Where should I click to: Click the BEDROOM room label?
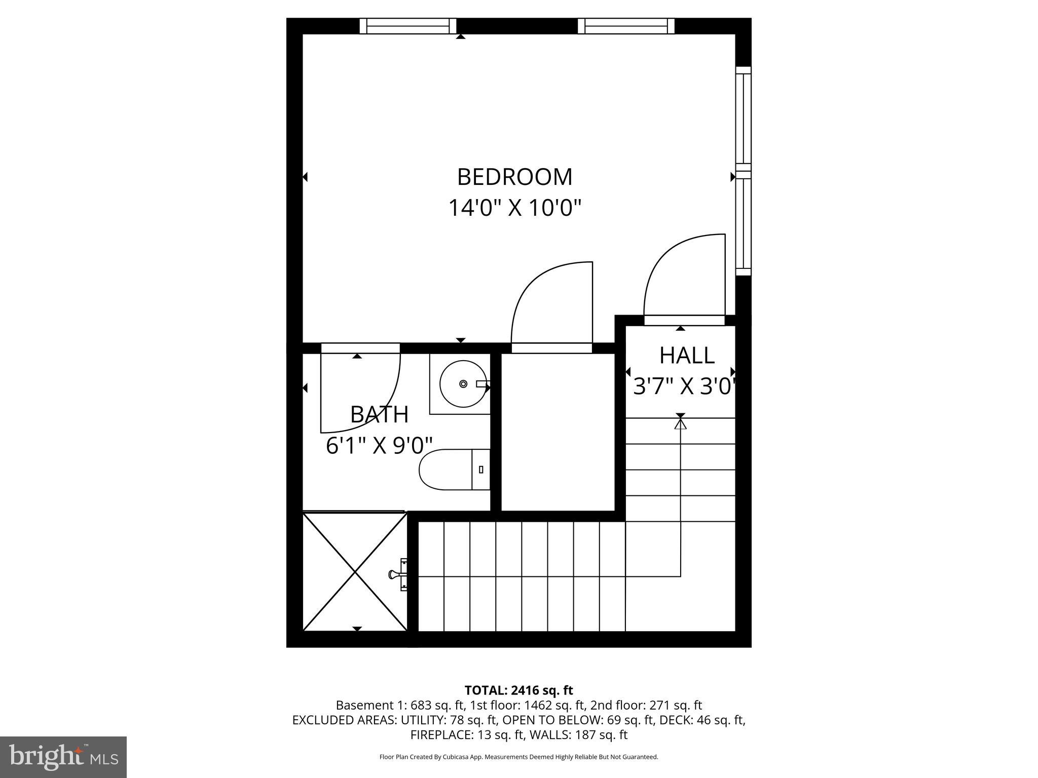tap(514, 177)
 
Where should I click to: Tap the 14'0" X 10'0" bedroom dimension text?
tap(514, 208)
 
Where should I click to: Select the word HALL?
tap(687, 356)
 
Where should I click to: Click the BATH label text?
tap(379, 415)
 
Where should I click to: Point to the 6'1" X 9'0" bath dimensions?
tap(379, 446)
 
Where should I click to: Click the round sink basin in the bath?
tap(462, 384)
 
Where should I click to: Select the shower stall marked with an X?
tap(355, 571)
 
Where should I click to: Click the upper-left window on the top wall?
tap(408, 26)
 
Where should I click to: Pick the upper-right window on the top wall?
tap(626, 26)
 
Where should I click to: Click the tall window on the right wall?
tap(743, 171)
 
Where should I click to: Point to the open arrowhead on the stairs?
tap(680, 424)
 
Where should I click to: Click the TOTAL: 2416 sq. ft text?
tap(518, 690)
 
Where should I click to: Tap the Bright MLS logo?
tap(63, 757)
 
